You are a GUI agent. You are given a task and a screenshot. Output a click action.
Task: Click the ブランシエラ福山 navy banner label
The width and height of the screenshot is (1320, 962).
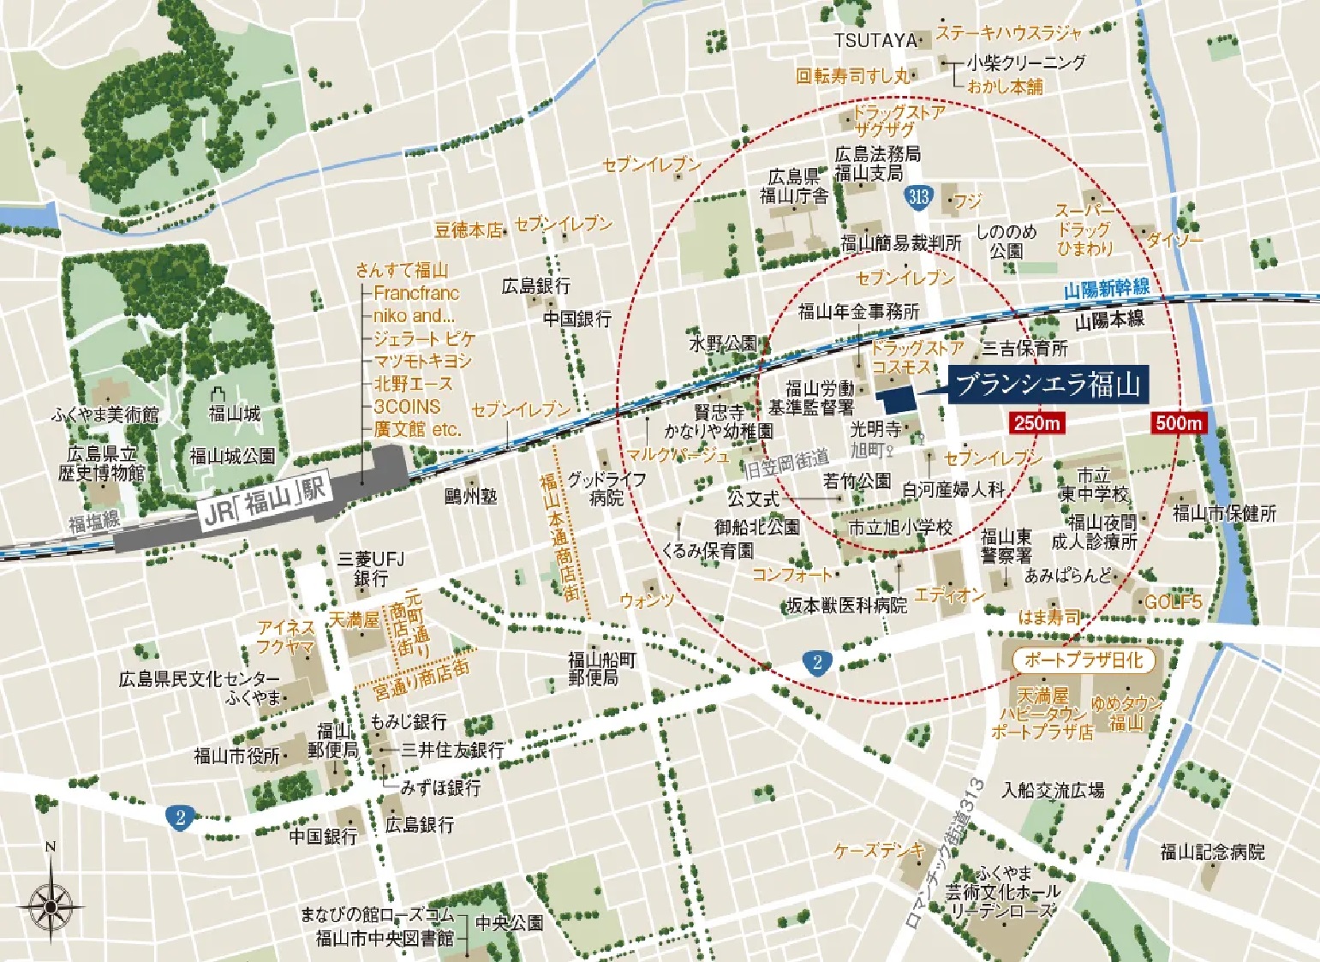1048,385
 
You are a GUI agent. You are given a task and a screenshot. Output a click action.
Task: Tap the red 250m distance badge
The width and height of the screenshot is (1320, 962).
1037,422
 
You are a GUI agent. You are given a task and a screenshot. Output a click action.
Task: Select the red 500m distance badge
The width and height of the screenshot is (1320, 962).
1178,422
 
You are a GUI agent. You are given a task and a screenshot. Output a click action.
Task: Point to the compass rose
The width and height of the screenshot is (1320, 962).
51,904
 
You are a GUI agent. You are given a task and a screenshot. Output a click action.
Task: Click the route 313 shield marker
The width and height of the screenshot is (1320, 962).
917,196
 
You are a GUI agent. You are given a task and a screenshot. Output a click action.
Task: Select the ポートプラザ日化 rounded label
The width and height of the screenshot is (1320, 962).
1083,660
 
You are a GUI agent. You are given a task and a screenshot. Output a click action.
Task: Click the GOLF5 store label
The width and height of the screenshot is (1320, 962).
1173,602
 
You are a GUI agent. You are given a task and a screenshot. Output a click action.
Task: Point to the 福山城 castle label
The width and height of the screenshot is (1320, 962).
234,414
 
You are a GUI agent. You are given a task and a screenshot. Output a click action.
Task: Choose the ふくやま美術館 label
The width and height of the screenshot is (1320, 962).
105,415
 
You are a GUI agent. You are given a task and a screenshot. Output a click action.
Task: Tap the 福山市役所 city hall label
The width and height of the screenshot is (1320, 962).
236,756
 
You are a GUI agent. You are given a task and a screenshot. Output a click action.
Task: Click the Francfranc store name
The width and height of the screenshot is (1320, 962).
416,292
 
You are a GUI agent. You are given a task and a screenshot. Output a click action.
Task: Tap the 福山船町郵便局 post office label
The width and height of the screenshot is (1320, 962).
603,668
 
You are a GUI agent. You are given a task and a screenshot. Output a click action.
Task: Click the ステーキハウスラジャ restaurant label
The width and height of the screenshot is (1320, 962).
1008,33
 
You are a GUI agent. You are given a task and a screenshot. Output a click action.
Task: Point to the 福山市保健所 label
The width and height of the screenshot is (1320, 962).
1224,513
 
